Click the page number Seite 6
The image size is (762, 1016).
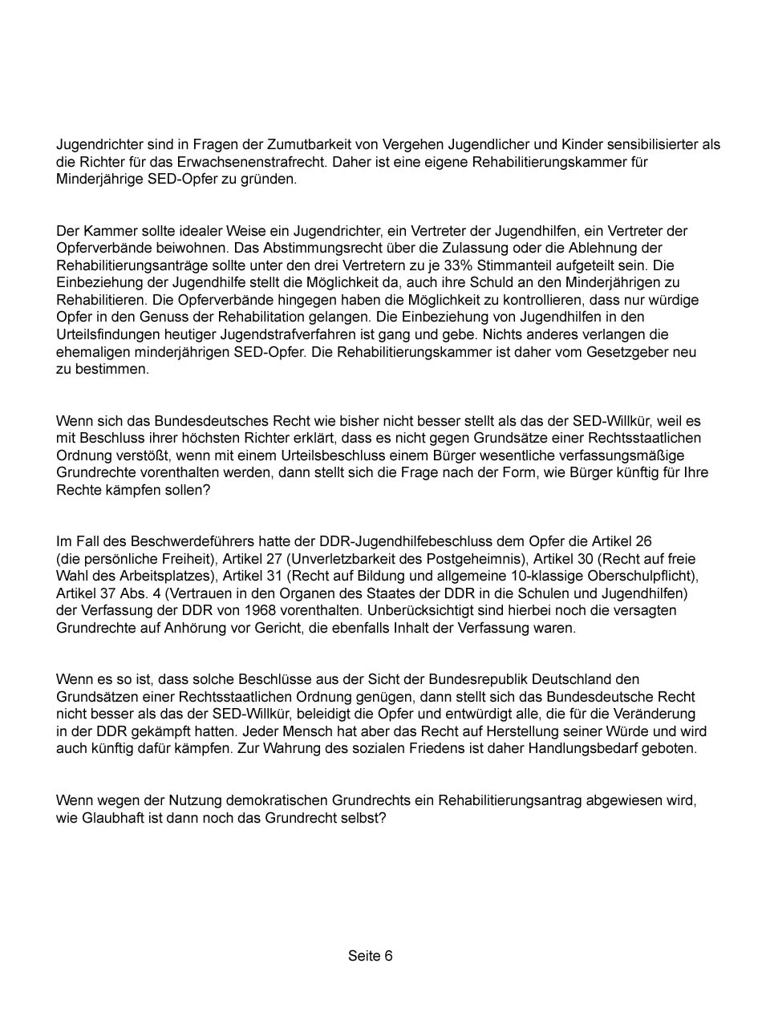point(370,956)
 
